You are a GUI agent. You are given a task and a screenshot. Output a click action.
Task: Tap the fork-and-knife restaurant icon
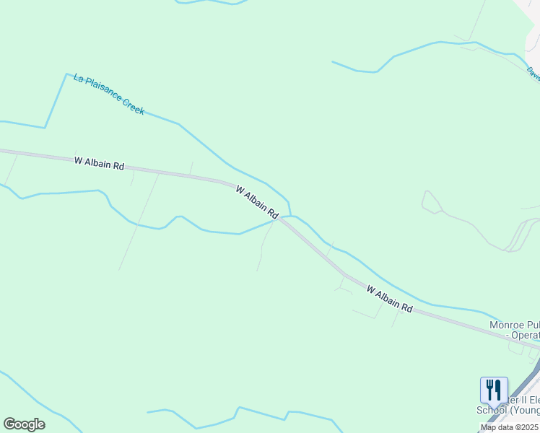tap(494, 390)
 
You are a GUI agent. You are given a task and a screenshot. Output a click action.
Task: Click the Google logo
tap(24, 424)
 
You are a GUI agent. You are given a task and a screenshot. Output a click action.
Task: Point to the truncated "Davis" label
tap(533, 73)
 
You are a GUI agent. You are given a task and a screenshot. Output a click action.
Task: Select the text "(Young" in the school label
tap(526, 411)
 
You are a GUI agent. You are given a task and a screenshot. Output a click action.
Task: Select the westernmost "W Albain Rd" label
tap(99, 163)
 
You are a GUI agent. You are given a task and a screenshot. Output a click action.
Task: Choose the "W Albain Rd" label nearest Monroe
tap(389, 298)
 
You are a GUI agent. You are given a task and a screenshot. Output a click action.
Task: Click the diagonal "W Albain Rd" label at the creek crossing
tap(257, 201)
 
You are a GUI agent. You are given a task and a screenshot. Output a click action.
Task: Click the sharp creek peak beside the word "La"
tap(66, 74)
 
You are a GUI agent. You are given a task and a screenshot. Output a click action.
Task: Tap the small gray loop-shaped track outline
tap(432, 203)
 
